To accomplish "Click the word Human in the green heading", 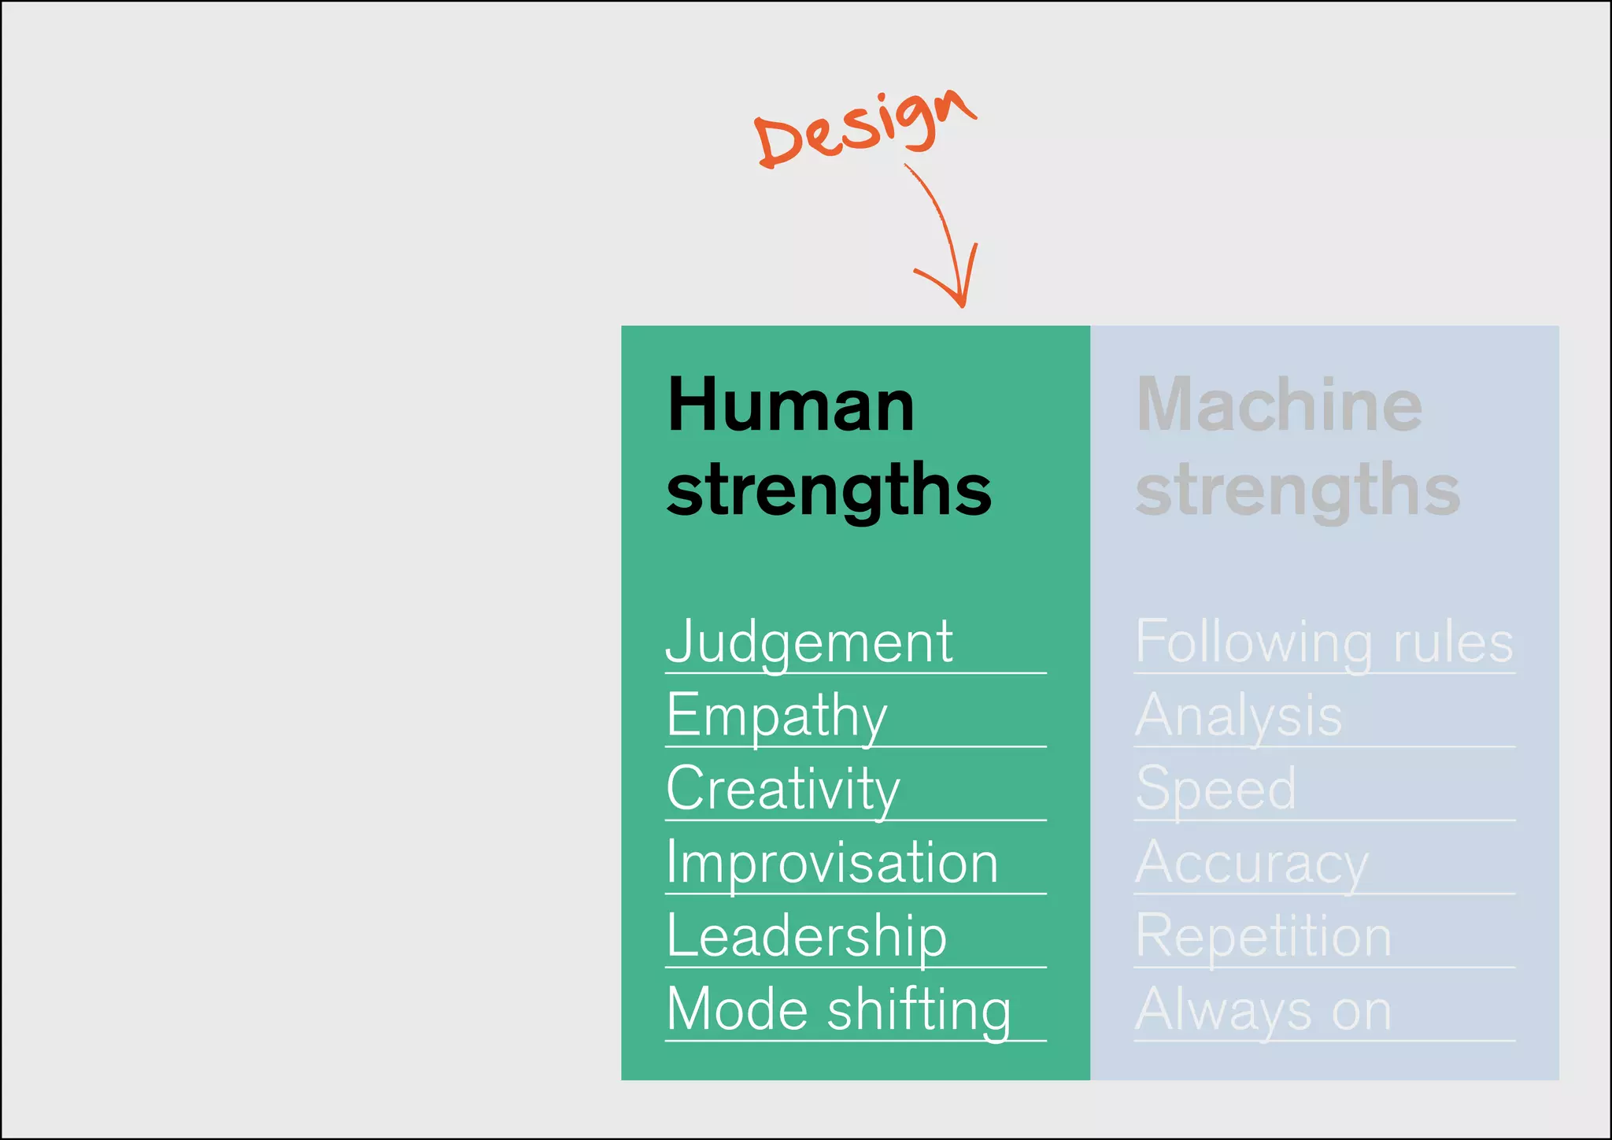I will point(791,405).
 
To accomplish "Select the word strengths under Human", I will point(828,490).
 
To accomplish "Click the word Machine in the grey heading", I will point(1279,405).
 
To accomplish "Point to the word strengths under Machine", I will point(1297,490).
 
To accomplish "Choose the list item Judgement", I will point(809,642).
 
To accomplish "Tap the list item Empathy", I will point(777,716).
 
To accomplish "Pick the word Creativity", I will point(783,789).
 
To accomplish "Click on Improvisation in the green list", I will point(832,863).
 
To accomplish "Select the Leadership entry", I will point(807,936).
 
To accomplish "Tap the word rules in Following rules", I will point(1453,642).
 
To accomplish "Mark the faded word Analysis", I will point(1239,716).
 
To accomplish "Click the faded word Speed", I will point(1216,789).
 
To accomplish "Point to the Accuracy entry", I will point(1252,863).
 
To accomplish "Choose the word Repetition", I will point(1263,936).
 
